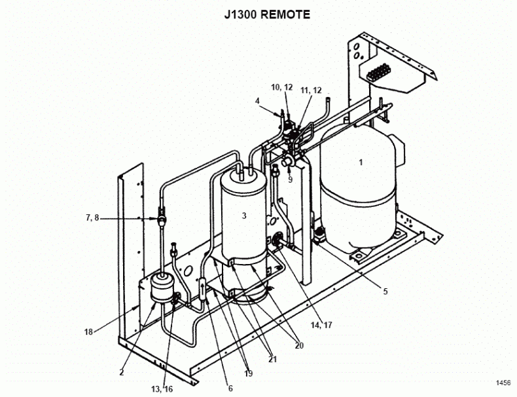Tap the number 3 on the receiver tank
click(x=244, y=215)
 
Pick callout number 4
click(x=258, y=101)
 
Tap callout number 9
click(x=290, y=179)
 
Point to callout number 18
click(x=88, y=332)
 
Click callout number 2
click(x=122, y=372)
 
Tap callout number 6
click(x=230, y=388)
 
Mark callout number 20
click(x=298, y=345)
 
